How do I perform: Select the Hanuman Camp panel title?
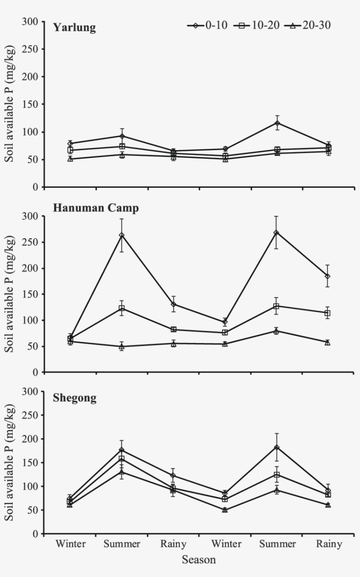96,208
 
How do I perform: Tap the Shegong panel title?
75,398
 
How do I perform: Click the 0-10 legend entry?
207,25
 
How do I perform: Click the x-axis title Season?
199,560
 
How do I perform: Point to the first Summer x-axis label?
122,544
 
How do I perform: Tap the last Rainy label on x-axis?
329,544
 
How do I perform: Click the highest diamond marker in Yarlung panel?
277,123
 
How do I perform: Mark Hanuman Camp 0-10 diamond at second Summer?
276,233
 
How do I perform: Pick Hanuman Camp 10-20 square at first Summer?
122,308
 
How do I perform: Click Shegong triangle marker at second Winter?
225,510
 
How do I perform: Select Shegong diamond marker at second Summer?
277,448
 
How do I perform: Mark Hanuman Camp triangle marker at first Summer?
122,346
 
